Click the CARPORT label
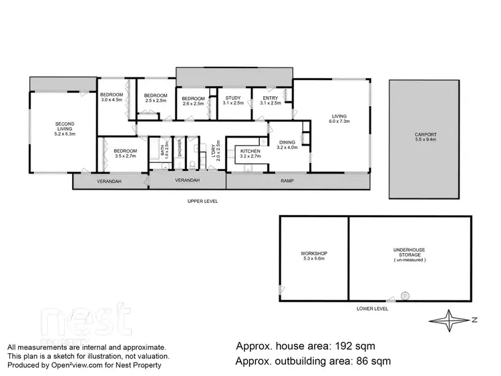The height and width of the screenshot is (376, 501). point(426,137)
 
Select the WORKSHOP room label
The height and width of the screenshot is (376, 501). point(313,256)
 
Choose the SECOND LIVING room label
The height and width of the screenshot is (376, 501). point(64,128)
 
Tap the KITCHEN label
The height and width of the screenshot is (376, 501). point(250,154)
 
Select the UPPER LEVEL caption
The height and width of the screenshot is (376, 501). point(204,201)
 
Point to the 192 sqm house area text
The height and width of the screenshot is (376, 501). point(305,347)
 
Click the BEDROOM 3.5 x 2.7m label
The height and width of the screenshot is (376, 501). point(125,154)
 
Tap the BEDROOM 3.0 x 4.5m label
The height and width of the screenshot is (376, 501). point(112,98)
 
